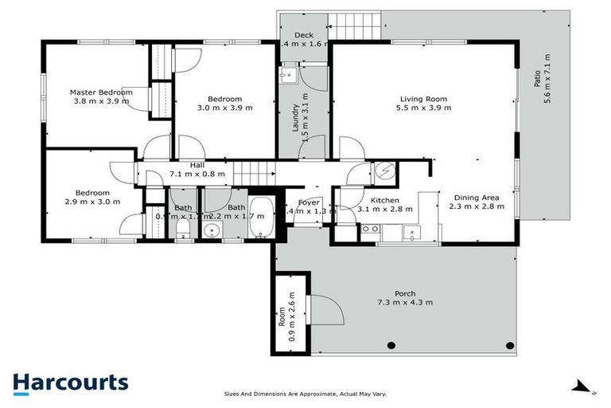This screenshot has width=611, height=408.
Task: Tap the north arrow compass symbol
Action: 584,388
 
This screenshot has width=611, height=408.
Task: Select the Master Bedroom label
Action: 100,96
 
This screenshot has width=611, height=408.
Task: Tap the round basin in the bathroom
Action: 210,231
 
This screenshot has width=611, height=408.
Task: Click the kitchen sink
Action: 411,232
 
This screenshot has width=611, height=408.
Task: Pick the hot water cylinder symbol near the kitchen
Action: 385,171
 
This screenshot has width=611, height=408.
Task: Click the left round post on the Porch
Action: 391,345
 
